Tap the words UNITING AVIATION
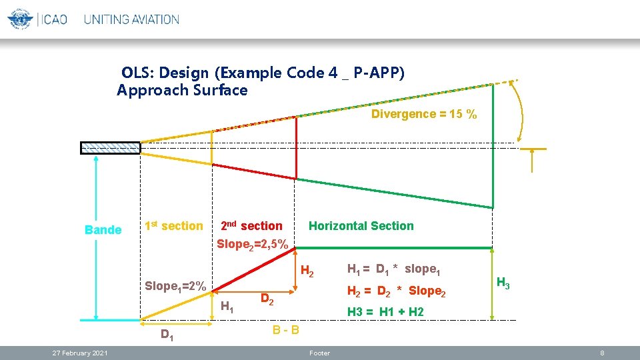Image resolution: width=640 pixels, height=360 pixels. coord(131,19)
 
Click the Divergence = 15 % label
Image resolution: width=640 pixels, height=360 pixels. coord(424,114)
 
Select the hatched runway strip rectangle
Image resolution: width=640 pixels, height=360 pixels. coord(111,148)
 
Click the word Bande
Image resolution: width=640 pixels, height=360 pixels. coord(103,230)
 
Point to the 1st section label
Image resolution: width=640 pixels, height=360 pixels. coord(173,226)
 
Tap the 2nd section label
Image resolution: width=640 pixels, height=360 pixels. coord(251,226)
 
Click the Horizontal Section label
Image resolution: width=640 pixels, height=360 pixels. coord(361,226)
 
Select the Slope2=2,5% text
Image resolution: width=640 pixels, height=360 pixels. coord(253,244)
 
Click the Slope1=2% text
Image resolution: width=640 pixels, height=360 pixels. coord(175,286)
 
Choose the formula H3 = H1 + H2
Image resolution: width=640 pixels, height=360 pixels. coord(385,311)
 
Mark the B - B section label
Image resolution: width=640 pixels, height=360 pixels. coord(285,330)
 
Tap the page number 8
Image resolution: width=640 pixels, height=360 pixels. coord(601,353)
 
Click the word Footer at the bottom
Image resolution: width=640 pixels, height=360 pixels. coord(319,353)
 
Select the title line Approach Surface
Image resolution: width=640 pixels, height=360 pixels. coord(182,90)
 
